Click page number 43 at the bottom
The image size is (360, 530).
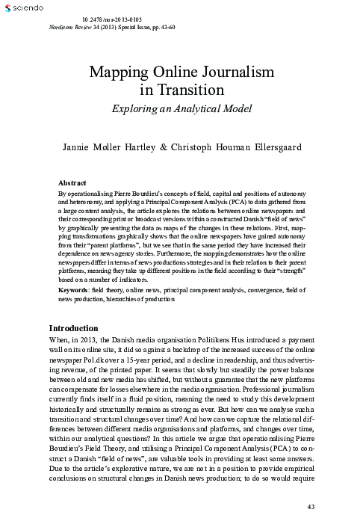(311, 508)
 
